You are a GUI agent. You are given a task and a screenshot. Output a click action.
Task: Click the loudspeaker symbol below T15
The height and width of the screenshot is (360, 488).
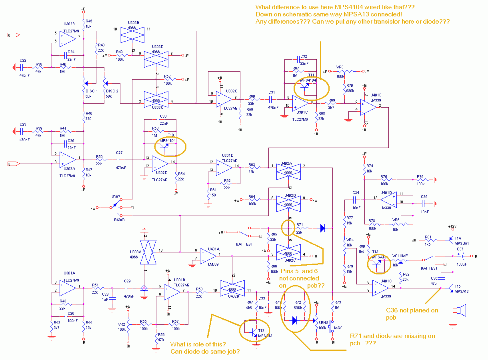460,310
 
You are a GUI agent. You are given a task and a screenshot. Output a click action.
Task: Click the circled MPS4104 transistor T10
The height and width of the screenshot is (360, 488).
169,146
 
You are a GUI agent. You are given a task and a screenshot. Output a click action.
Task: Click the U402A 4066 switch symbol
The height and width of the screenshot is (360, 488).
288,170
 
